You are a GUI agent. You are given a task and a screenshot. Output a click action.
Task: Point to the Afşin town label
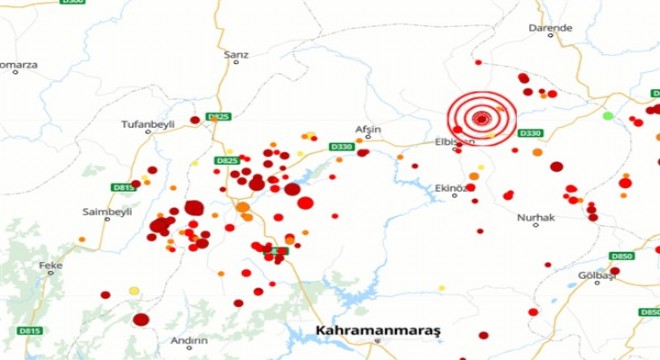click(x=369, y=129)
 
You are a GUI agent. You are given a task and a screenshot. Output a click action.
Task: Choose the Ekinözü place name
click(x=452, y=187)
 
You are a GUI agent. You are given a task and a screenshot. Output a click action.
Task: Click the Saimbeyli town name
click(x=100, y=212)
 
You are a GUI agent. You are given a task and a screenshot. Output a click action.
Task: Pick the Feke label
click(x=50, y=265)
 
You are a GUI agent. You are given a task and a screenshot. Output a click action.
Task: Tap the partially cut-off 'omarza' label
click(x=18, y=66)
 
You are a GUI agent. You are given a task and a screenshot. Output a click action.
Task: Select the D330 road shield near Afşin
click(x=342, y=147)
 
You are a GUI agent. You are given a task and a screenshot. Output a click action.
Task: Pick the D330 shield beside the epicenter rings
click(x=530, y=133)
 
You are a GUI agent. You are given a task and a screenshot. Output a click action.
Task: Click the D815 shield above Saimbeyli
click(x=124, y=187)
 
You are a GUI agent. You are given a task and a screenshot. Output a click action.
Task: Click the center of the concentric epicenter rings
click(x=482, y=119)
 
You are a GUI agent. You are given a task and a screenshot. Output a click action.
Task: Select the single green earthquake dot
click(x=607, y=116)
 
